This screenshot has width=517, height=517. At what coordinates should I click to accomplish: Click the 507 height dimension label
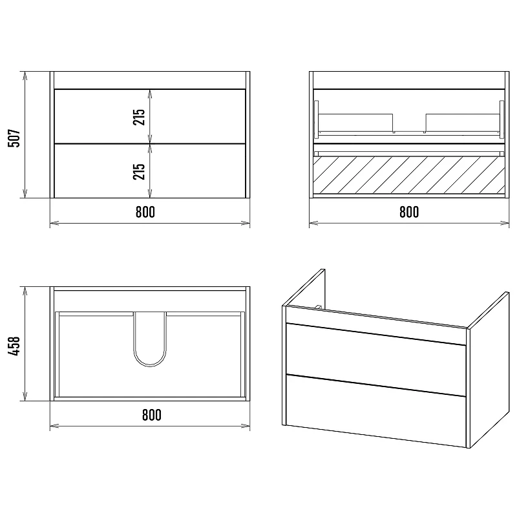[x=14, y=138]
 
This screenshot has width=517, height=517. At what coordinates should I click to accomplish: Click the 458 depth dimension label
[x=14, y=346]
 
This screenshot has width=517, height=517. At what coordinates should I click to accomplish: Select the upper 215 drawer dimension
[x=139, y=117]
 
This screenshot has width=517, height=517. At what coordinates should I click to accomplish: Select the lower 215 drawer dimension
[x=139, y=171]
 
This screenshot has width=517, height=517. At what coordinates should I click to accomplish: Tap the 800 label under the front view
[x=145, y=212]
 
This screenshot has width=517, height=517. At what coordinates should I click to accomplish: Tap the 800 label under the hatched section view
[x=409, y=212]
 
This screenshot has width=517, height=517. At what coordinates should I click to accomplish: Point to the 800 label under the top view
[x=152, y=415]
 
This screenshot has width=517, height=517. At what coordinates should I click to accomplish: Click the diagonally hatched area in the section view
[x=409, y=174]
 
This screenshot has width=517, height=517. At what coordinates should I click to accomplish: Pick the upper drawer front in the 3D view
[x=376, y=350]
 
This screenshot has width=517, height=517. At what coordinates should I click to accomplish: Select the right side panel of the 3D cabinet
[x=488, y=369]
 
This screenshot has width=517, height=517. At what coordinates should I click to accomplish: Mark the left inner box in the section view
[x=356, y=123]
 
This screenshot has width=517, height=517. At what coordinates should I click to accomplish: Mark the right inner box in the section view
[x=463, y=123]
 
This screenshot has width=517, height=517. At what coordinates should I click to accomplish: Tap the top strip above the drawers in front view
[x=150, y=80]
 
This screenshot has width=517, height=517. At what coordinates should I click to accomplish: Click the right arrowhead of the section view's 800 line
[x=505, y=223]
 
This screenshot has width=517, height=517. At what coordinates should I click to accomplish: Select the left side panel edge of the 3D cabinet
[x=284, y=365]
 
